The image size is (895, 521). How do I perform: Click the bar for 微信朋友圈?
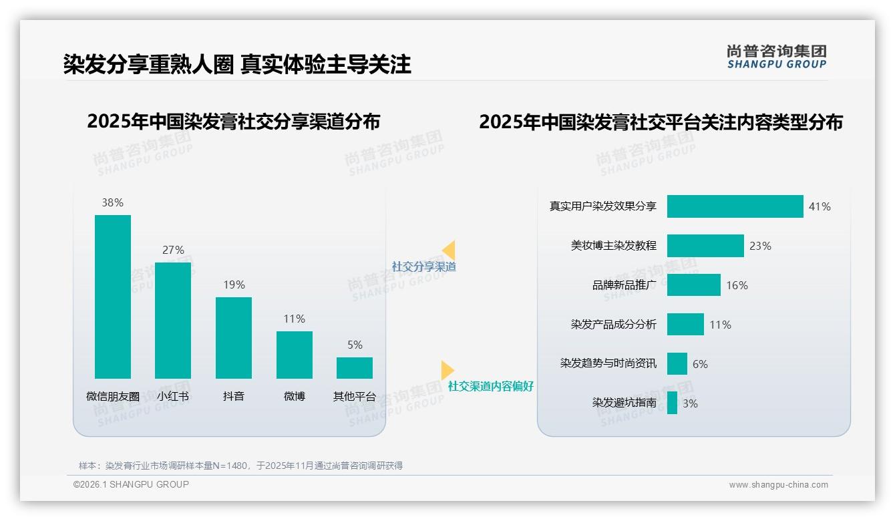click(x=113, y=297)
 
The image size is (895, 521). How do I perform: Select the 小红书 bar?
click(x=173, y=321)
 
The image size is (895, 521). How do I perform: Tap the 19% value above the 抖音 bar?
click(x=234, y=285)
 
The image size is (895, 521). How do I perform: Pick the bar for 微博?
click(x=295, y=355)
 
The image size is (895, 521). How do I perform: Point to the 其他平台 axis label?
click(x=355, y=396)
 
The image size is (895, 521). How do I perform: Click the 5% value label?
click(x=355, y=345)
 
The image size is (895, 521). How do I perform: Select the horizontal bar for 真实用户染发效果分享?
click(x=735, y=206)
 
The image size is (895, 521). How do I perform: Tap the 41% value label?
click(x=820, y=207)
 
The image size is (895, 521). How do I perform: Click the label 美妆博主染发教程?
click(x=613, y=246)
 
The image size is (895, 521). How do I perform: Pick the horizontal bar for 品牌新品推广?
click(x=693, y=285)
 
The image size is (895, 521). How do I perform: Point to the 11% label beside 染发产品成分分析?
click(x=720, y=325)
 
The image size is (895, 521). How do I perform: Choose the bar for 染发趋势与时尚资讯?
click(x=677, y=364)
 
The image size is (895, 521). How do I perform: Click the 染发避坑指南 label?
click(x=624, y=403)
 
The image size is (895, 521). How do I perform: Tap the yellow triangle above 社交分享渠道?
click(x=449, y=250)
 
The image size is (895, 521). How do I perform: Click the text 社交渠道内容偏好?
click(x=490, y=386)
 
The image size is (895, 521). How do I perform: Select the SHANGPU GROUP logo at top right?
click(x=776, y=57)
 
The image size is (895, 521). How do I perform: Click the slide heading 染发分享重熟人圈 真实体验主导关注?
click(x=237, y=64)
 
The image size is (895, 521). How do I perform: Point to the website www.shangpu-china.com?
click(x=778, y=485)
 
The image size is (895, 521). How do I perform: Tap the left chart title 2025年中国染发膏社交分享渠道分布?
click(x=233, y=122)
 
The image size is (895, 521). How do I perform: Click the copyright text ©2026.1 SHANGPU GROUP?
click(x=131, y=484)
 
